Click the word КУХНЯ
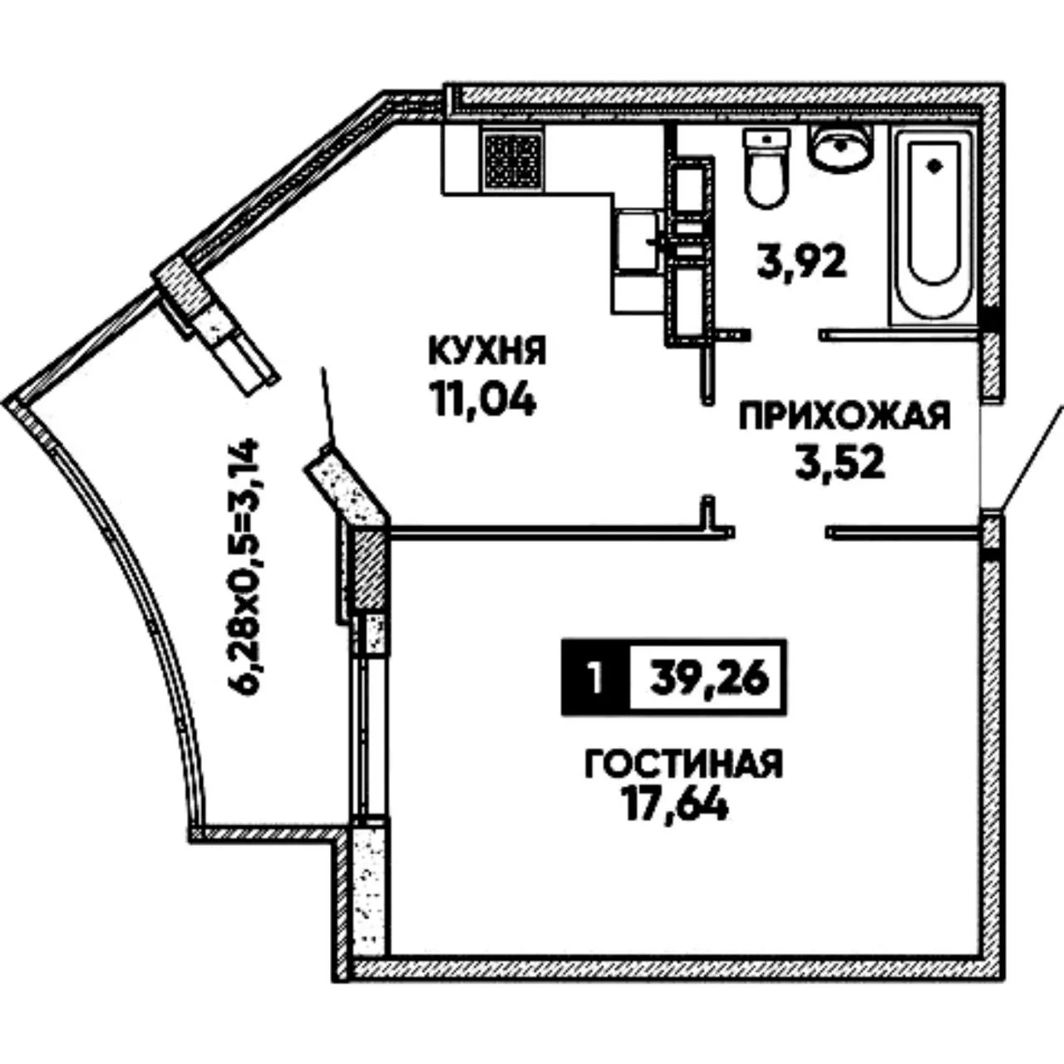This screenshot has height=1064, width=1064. [488, 351]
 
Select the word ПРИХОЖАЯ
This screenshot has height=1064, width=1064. [845, 416]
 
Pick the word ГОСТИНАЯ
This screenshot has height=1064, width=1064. [684, 764]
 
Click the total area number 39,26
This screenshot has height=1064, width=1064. [709, 679]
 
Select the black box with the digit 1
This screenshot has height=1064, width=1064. [595, 678]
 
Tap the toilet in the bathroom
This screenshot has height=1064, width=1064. [766, 168]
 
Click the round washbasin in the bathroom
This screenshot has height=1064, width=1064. [840, 145]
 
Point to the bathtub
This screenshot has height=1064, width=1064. [933, 224]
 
